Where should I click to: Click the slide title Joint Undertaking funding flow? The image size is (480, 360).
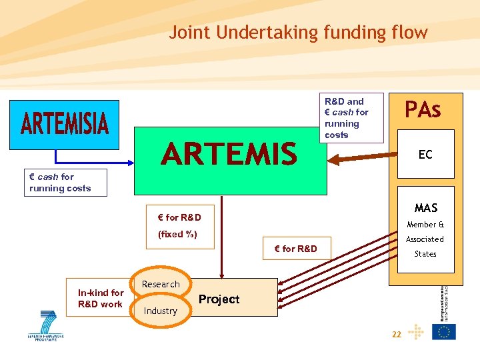[298, 32]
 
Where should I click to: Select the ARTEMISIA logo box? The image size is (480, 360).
[64, 125]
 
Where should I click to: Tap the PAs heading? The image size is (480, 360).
[423, 109]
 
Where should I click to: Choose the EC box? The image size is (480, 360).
[425, 155]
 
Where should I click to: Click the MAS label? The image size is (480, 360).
[425, 209]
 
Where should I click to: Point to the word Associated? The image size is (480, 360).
[425, 239]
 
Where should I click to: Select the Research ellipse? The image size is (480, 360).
[161, 285]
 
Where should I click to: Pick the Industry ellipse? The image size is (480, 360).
[161, 311]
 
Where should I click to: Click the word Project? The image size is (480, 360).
[219, 299]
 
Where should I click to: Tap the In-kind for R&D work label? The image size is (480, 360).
[101, 299]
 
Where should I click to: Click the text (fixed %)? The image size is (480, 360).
[178, 234]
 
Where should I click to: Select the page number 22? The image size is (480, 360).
[396, 335]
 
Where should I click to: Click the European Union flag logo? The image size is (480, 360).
[444, 331]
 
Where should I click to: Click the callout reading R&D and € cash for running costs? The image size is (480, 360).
[351, 118]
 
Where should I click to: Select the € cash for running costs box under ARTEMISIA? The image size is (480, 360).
[60, 183]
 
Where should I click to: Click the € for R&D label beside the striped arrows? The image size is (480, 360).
[295, 249]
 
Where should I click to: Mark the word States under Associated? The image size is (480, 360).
[425, 254]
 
